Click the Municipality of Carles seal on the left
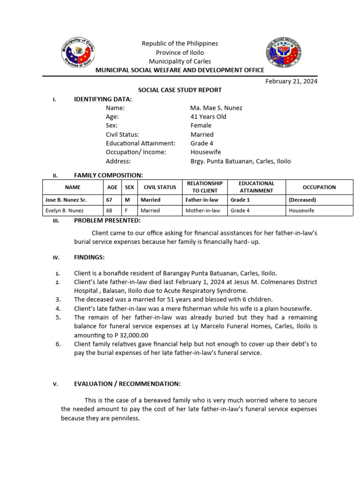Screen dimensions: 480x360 [82, 53]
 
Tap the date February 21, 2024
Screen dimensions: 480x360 [291, 81]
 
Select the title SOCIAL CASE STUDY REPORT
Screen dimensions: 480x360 [180, 90]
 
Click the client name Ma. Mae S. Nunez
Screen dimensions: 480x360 [216, 108]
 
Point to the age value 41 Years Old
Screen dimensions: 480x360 [208, 117]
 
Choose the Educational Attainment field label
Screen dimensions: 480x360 [140, 143]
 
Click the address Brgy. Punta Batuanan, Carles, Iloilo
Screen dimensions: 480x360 [240, 161]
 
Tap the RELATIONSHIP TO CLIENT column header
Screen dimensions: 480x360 [204, 187]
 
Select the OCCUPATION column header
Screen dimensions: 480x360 [319, 187]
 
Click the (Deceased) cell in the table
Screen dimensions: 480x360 [302, 200]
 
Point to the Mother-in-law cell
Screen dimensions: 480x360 [203, 210]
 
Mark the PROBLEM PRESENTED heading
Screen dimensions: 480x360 [107, 221]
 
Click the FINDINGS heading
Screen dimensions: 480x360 [90, 257]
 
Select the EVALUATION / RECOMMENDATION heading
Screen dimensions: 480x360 [127, 384]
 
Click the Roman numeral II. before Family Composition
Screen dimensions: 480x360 [55, 176]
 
